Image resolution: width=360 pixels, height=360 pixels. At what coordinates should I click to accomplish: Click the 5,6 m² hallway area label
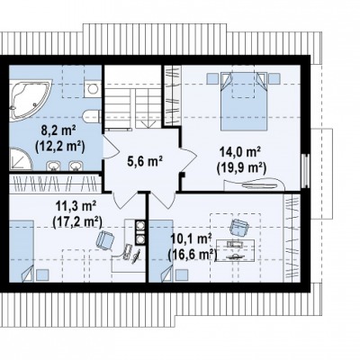(145, 162)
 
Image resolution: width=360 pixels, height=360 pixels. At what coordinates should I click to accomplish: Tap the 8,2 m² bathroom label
(58, 131)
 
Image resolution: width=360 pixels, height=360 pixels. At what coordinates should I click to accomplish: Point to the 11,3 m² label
(76, 207)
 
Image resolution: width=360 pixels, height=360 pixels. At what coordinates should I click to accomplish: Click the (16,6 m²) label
(193, 255)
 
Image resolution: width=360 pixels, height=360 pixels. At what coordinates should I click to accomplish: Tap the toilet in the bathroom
(92, 116)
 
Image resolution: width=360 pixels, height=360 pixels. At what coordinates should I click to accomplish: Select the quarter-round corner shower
(20, 159)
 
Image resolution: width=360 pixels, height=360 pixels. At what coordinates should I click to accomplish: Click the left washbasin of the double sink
(53, 166)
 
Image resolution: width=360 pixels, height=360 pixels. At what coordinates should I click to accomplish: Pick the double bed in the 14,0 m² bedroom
(244, 102)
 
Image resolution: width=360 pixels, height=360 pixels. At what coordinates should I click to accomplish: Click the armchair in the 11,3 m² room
(105, 240)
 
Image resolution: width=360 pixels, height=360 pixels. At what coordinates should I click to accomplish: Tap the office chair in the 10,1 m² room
(239, 228)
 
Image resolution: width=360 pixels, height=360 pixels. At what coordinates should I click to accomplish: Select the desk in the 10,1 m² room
(236, 250)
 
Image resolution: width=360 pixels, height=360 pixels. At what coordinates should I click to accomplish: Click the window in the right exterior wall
(305, 171)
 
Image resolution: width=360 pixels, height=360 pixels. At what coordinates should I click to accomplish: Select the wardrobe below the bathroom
(55, 184)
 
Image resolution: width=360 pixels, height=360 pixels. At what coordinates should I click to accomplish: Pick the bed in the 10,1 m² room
(161, 251)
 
